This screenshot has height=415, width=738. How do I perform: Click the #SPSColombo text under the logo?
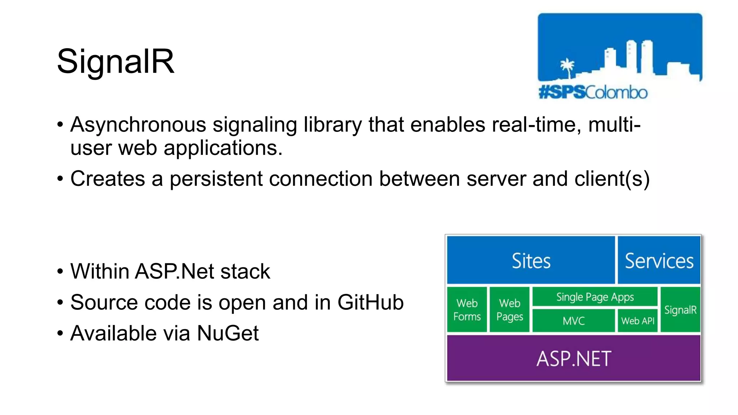point(593,93)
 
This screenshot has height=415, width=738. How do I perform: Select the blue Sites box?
point(531,260)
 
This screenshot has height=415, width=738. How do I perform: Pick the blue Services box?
point(659,260)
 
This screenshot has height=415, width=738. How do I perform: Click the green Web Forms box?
point(467,309)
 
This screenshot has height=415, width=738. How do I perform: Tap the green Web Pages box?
point(510,309)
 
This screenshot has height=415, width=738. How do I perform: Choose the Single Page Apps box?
point(595,297)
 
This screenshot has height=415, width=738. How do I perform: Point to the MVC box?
point(573,321)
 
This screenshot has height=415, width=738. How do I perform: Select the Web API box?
point(637,321)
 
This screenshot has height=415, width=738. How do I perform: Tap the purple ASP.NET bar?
point(574,358)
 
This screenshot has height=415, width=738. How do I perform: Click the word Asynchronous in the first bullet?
point(138,125)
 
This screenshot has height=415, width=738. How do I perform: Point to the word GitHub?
point(370,302)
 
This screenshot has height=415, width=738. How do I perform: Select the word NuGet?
point(228,333)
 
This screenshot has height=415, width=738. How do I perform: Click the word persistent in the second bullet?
point(216,179)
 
